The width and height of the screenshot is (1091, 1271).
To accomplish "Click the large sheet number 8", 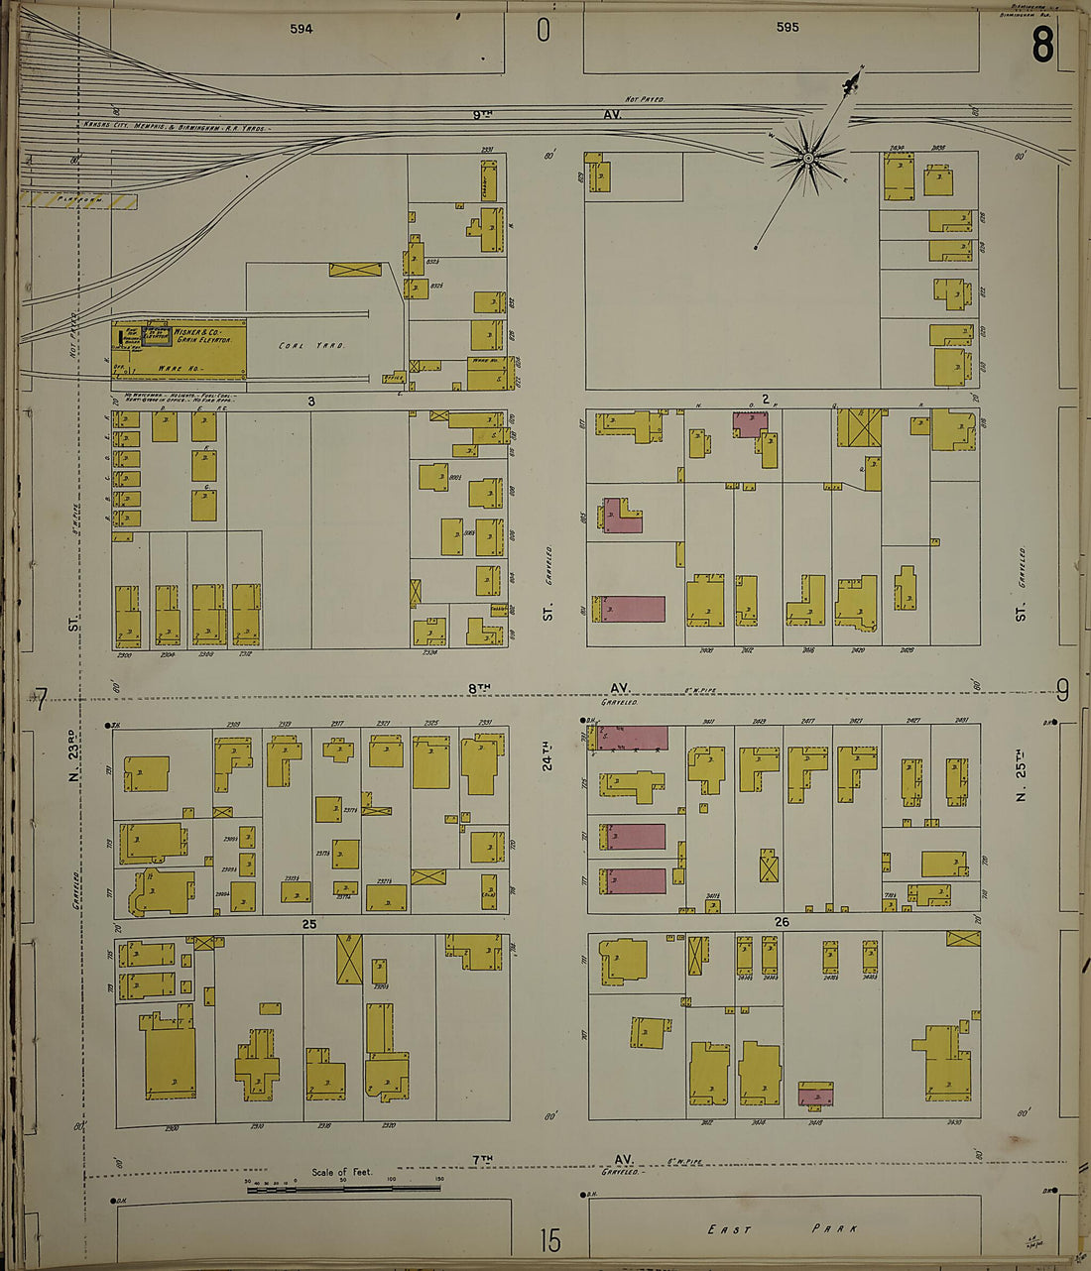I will pos(1041,45).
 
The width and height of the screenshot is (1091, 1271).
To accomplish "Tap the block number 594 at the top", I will pos(302,29).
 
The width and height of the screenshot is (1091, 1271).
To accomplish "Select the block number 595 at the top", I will pos(788,28).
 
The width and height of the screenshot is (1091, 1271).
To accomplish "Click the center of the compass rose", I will pos(808,158).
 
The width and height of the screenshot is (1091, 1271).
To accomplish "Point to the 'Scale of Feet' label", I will pos(341,1172).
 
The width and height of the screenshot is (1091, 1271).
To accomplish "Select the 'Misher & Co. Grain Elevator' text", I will pos(203,335).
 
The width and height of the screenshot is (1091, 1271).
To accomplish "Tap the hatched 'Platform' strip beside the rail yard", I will pos(80,200).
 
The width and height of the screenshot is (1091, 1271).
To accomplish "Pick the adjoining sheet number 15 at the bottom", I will pos(549,1240).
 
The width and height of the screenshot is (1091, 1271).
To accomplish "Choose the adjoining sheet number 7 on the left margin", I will pos(40,702).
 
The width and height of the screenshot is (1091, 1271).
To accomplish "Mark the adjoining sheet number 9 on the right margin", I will pos(1062,689).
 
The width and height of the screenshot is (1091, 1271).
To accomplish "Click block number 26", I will pos(782,922).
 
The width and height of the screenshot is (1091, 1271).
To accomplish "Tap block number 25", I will pos(309,923).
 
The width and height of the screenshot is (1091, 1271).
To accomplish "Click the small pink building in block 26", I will pos(815,1096).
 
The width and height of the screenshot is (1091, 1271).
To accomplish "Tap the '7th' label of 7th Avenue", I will pos(482,1158).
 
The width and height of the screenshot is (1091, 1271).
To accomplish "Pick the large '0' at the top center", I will pos(543,31).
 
